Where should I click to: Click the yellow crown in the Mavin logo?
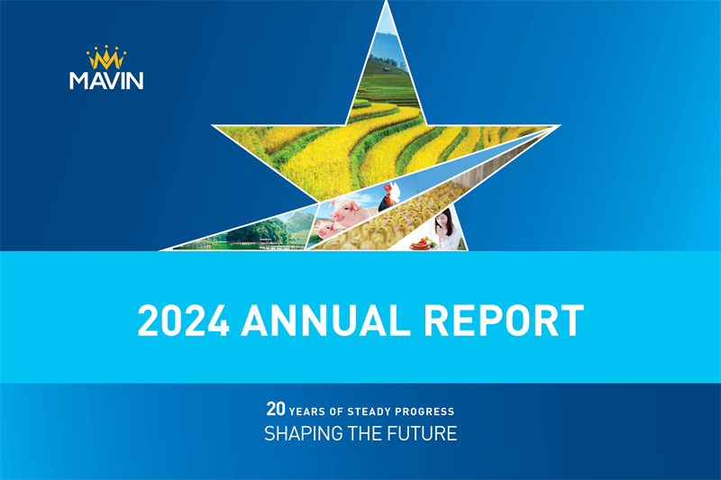pos(106,59)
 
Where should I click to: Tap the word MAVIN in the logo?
pos(106,80)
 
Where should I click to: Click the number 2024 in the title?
pos(183,320)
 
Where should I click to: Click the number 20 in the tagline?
pos(275,409)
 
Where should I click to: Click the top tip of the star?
pos(387,5)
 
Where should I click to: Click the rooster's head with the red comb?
pos(390,191)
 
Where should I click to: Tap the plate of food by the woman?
pos(422,241)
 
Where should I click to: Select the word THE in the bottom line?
pos(371,434)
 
